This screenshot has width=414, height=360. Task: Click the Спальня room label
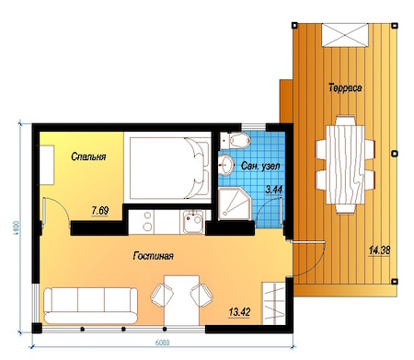(88, 157)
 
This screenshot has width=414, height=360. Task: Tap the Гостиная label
(153, 256)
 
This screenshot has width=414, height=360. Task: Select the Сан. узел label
(260, 166)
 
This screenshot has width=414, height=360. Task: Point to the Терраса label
(345, 87)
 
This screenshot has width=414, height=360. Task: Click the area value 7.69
(100, 211)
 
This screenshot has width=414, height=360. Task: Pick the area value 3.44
(274, 190)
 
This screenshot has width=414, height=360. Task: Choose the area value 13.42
(239, 312)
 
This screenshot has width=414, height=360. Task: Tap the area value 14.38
(379, 250)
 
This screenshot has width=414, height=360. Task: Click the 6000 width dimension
(162, 343)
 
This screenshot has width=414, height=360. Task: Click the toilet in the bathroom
(236, 141)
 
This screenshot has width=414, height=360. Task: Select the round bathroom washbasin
(225, 165)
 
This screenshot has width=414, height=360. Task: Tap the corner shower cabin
(235, 203)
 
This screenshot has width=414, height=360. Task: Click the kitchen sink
(192, 221)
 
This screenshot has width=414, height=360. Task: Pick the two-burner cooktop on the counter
(148, 221)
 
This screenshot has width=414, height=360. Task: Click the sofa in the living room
(90, 306)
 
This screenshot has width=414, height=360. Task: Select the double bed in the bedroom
(169, 168)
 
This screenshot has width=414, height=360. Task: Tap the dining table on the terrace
(345, 165)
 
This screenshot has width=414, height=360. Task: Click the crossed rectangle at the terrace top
(345, 35)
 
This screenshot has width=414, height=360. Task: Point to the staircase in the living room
(273, 303)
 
